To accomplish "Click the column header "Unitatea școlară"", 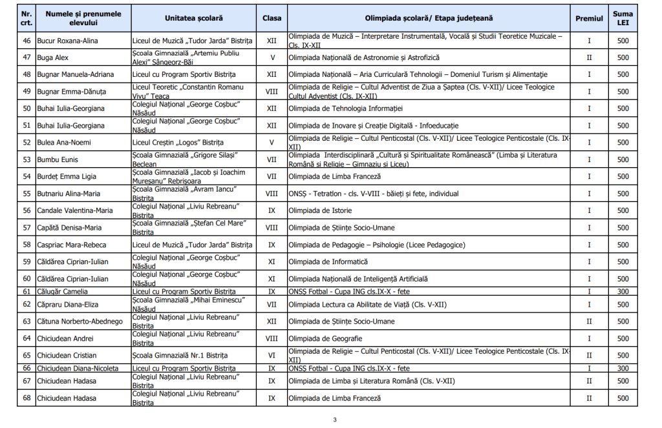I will (192, 19).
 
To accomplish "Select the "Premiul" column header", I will (589, 19).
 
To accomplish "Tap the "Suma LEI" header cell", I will (623, 19).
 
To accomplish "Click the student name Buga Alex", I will (51, 57).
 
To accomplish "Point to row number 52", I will (27, 143).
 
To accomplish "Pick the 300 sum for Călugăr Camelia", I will (623, 292).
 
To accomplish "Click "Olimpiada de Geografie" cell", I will (325, 338).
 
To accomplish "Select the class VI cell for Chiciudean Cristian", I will (272, 356).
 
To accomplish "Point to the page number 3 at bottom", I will (335, 420).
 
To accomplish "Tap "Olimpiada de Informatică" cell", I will (328, 261).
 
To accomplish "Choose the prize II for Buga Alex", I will (589, 57).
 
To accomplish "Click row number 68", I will (27, 398).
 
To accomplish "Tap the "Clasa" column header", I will (272, 19).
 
